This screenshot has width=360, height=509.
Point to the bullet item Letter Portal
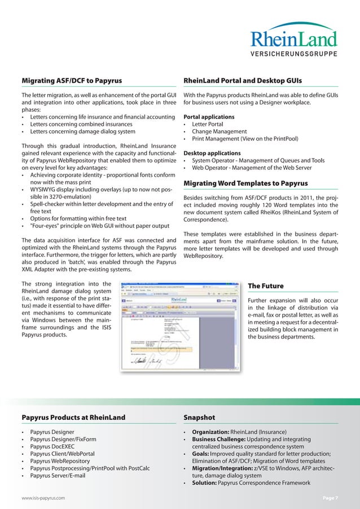coord(207,124)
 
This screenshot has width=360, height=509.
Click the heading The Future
coord(266,286)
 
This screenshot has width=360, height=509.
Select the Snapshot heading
coord(199,418)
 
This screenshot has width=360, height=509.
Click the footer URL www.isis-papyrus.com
coord(43,498)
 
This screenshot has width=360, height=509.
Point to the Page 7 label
coord(330,498)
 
